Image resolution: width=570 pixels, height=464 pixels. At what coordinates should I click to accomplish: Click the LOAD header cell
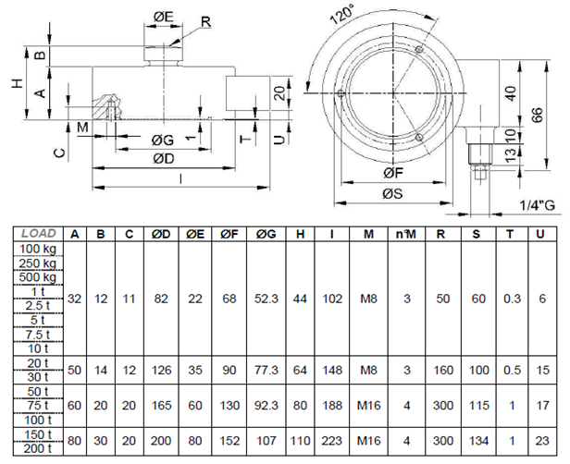38,234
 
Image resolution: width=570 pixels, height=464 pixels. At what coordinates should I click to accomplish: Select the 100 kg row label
37,249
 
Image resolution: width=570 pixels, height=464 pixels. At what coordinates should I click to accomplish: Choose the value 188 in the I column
331,405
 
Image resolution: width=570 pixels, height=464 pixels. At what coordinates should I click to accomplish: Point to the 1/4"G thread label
537,204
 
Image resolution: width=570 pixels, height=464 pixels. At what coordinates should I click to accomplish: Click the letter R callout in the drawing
204,21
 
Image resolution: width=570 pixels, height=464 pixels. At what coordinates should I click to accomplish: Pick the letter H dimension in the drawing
16,83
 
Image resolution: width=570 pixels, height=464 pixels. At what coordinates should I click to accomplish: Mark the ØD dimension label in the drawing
164,158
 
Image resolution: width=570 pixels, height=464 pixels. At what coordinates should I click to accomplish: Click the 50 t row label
38,390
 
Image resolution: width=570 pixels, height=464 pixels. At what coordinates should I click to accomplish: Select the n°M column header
405,234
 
